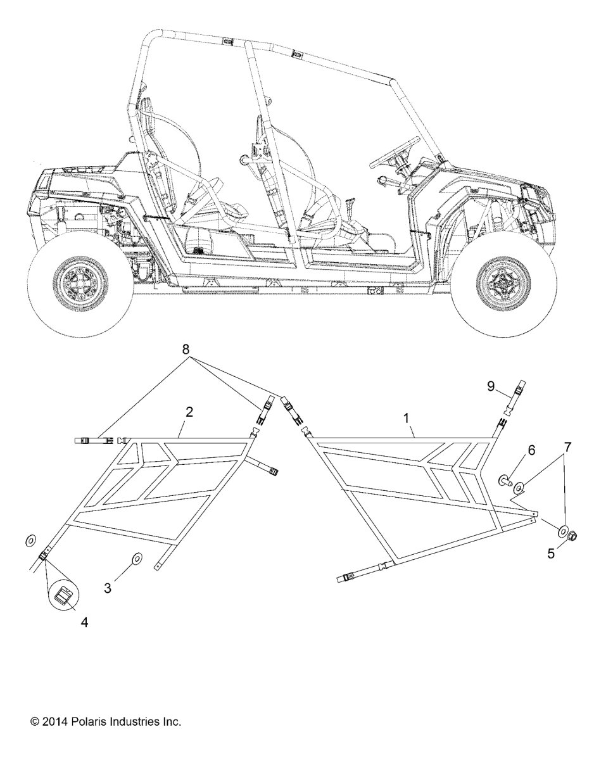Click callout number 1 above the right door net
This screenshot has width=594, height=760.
(x=407, y=418)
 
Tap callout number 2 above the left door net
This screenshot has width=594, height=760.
(x=189, y=412)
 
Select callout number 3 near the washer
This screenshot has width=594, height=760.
(x=108, y=588)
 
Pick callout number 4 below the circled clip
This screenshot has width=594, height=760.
(x=85, y=622)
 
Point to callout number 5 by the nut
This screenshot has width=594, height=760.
(x=551, y=554)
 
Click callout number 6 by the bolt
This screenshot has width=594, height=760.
(x=531, y=450)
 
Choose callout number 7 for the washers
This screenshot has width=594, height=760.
(x=567, y=447)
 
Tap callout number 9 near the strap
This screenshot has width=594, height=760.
(x=491, y=386)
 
